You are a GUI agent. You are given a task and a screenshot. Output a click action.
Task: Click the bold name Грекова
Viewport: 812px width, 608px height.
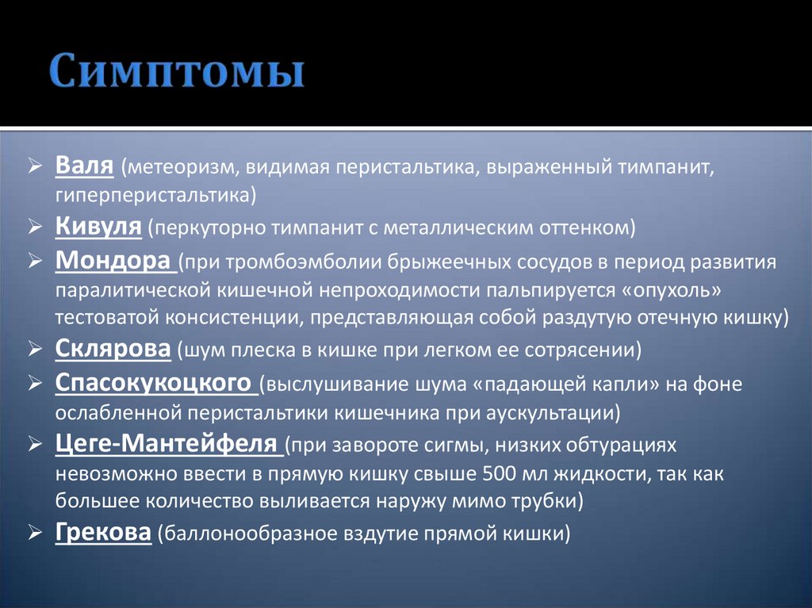pyautogui.click(x=103, y=532)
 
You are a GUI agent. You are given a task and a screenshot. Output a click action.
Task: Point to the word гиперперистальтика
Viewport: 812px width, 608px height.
pyautogui.click(x=154, y=194)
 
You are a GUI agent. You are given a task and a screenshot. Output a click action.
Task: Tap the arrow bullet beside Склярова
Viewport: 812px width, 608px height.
pyautogui.click(x=36, y=348)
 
